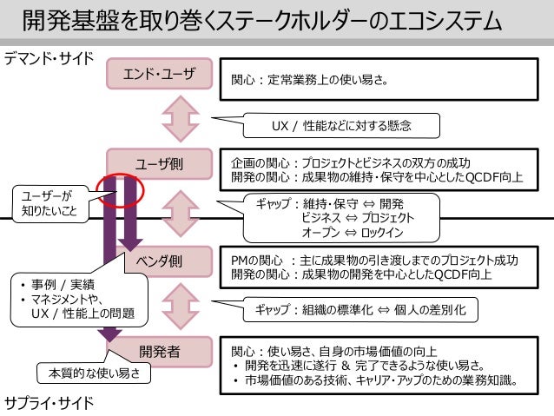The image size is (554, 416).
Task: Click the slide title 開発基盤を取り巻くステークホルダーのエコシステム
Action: [x=261, y=20]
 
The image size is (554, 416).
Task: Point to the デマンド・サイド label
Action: [x=48, y=58]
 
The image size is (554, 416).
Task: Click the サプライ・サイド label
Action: [x=47, y=403]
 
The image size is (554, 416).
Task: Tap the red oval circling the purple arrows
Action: [x=122, y=189]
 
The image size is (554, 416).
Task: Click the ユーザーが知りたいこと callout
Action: [x=48, y=202]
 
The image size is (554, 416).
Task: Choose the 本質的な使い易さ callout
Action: [x=94, y=374]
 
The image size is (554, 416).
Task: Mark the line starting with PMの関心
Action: [x=374, y=260]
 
